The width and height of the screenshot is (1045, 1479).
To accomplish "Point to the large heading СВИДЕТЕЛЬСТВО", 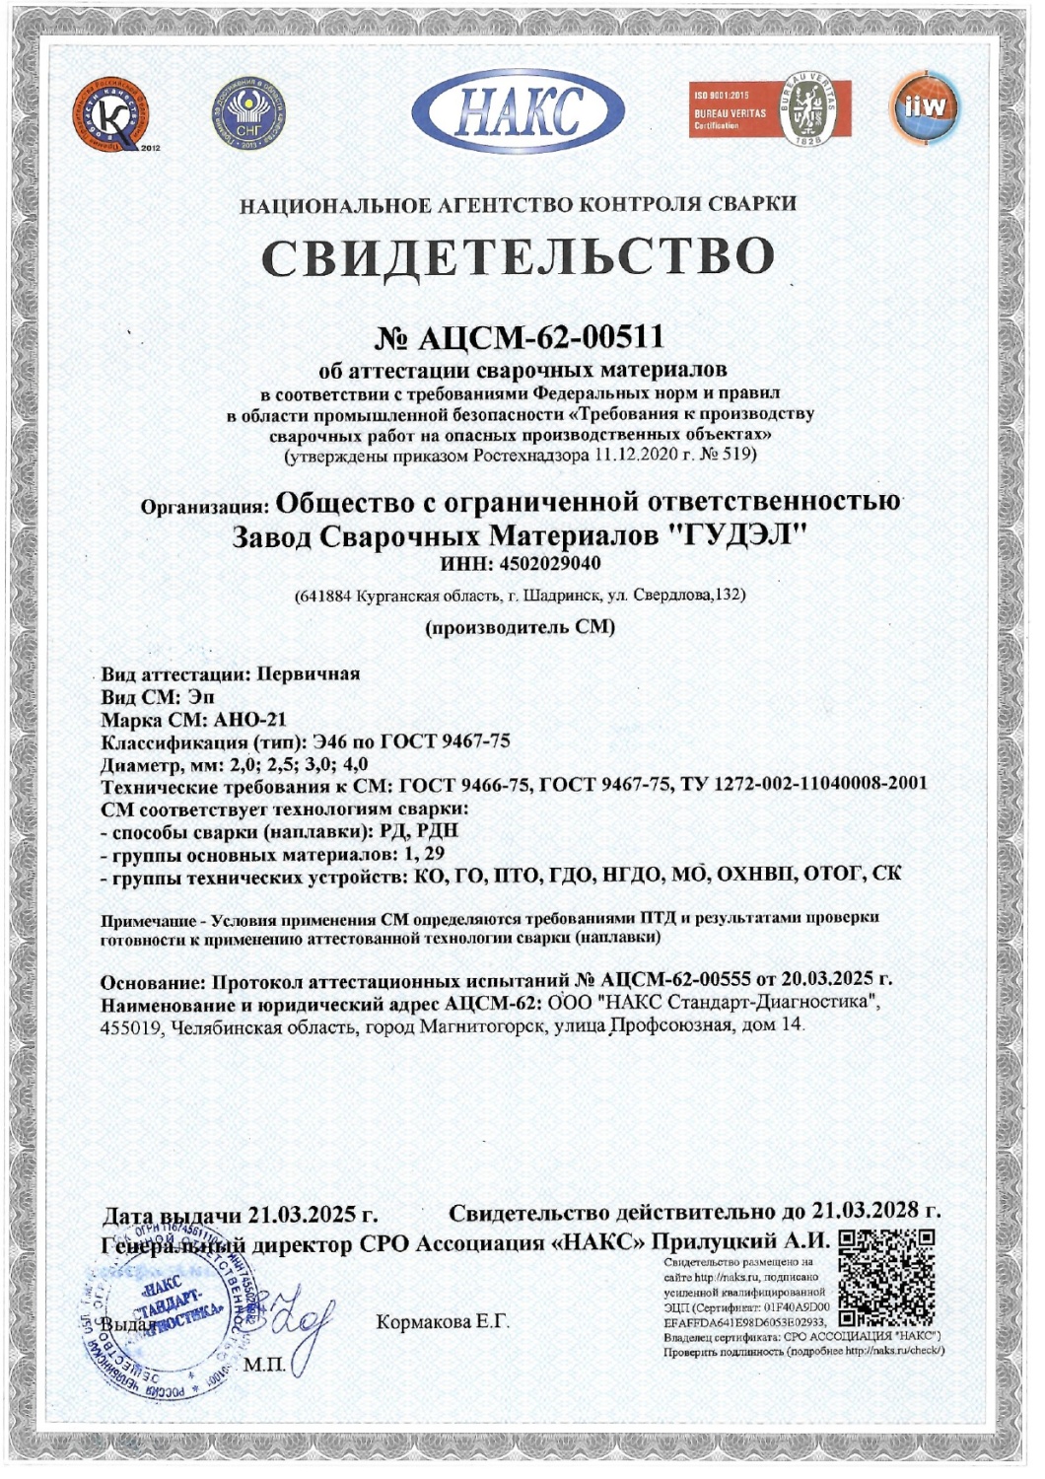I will pyautogui.click(x=519, y=256).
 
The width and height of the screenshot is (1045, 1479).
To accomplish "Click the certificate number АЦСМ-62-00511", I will pyautogui.click(x=540, y=337).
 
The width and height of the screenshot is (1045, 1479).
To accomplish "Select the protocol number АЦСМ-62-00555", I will pyautogui.click(x=674, y=980).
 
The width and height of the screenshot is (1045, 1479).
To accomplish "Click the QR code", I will pyautogui.click(x=885, y=1277).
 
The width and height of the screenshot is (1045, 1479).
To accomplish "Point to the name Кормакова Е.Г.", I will pyautogui.click(x=443, y=1321).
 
